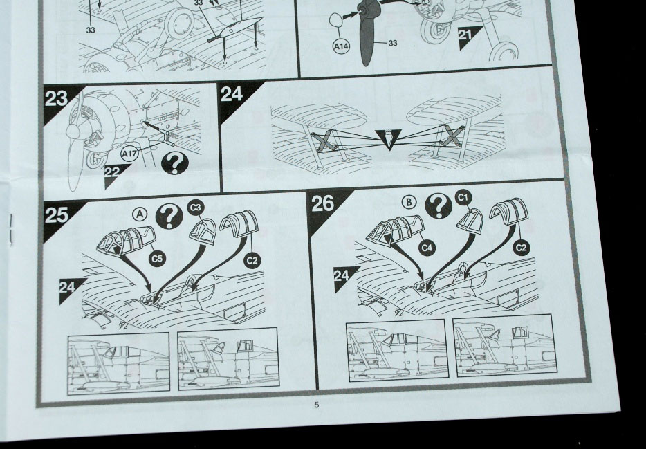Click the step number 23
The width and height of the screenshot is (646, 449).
click(57, 99)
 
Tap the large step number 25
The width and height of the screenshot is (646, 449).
click(57, 214)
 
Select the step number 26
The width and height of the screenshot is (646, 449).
click(322, 203)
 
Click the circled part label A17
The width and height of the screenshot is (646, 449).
click(129, 154)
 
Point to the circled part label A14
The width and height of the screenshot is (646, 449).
click(341, 46)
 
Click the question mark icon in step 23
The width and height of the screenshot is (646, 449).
click(175, 163)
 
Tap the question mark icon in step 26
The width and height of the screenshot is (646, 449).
click(439, 205)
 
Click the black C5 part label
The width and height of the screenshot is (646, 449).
click(157, 258)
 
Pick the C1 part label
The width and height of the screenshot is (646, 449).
click(463, 198)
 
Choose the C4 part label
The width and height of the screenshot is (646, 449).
click(427, 248)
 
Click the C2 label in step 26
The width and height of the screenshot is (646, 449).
click(522, 248)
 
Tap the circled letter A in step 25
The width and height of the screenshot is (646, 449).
click(140, 214)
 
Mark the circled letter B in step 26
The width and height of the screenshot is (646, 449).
click(409, 202)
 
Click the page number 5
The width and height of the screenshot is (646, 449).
click(316, 405)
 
